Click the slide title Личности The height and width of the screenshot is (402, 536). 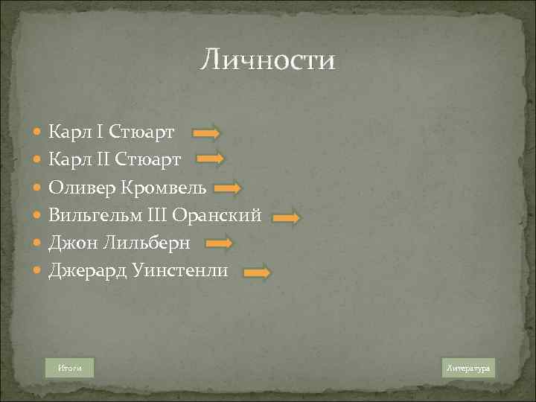[267, 60]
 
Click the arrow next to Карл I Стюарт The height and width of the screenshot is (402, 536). [206, 133]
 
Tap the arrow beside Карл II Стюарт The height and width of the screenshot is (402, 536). [210, 159]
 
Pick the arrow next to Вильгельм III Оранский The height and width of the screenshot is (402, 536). [286, 217]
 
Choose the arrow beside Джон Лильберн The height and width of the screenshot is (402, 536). [220, 243]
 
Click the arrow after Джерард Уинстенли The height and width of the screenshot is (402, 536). [258, 272]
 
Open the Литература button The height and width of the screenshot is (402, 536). [468, 368]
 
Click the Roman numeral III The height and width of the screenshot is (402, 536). [185, 216]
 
